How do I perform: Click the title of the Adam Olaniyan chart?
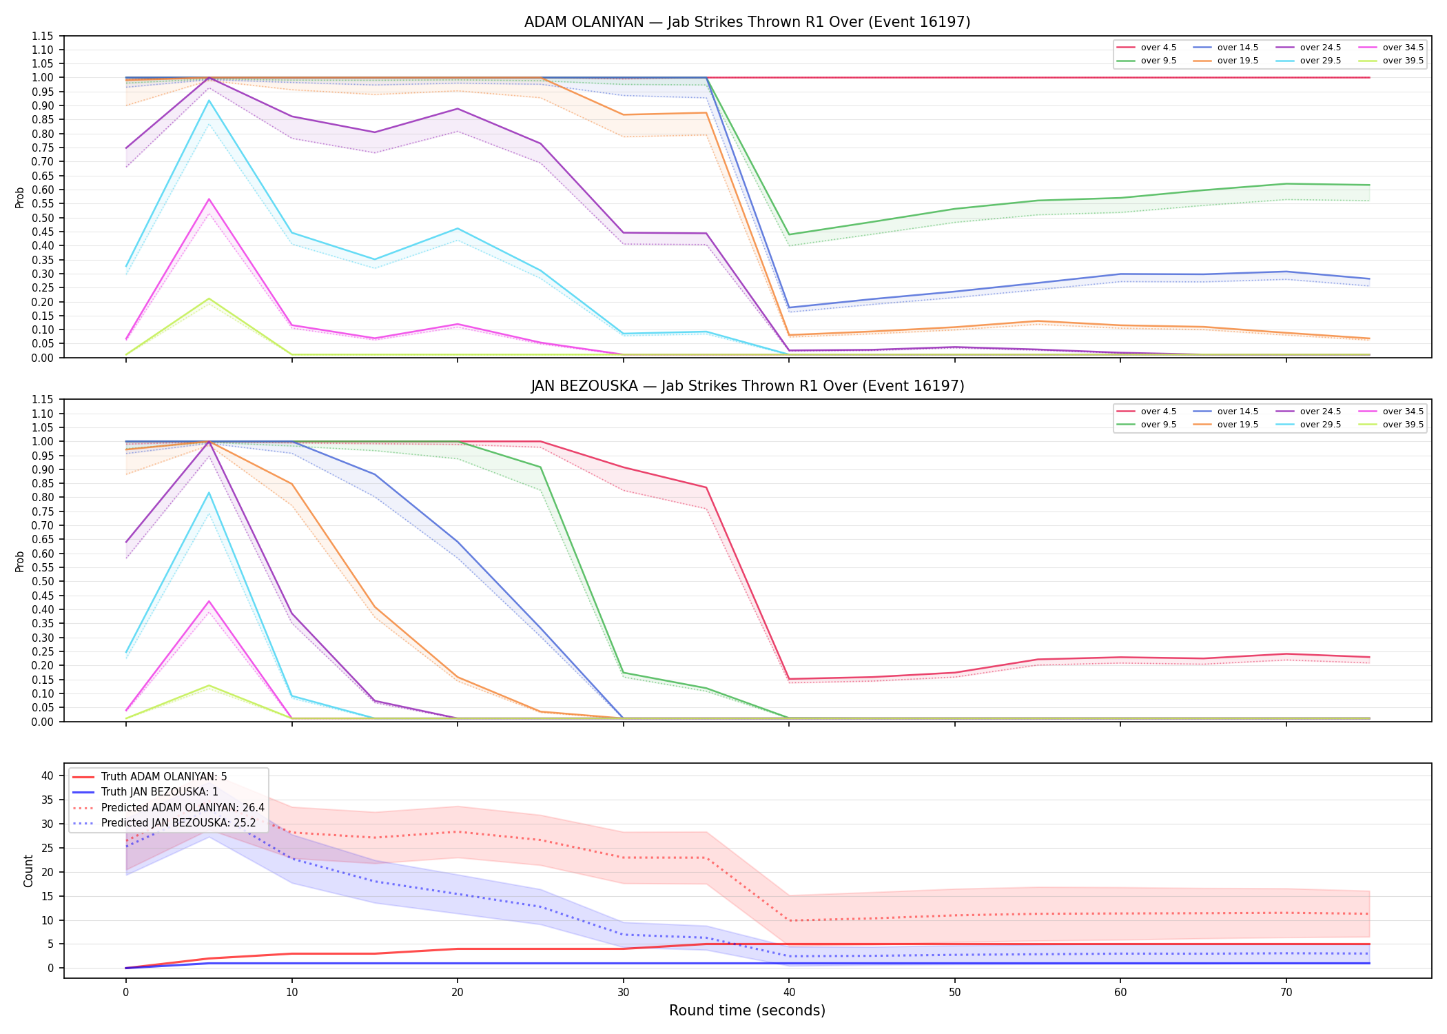[747, 22]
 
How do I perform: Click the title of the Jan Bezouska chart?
[747, 386]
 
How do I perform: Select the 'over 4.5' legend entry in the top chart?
[1147, 48]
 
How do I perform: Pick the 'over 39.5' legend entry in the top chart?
[1391, 61]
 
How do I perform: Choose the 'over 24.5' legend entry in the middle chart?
[1309, 412]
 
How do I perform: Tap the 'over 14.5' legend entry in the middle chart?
[1226, 412]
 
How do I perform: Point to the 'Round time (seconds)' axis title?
[747, 1011]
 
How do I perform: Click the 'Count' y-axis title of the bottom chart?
[28, 871]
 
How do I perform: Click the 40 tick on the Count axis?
[47, 775]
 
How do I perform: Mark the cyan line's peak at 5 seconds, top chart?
[209, 101]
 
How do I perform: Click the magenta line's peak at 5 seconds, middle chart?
[209, 601]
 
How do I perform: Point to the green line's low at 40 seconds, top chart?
[789, 234]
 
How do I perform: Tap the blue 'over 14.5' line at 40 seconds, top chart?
[789, 307]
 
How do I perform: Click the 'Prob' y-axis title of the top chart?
[20, 197]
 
